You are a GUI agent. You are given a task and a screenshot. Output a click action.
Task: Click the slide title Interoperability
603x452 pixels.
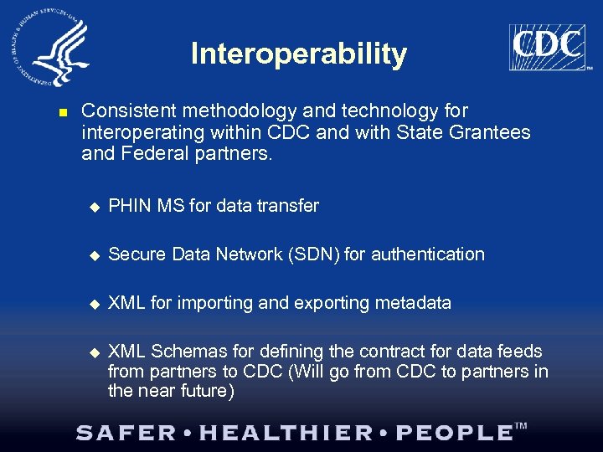[299, 54]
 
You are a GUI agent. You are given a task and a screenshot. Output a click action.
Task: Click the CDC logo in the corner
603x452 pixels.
[547, 47]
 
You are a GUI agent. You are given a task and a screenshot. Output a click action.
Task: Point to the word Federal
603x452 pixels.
[144, 154]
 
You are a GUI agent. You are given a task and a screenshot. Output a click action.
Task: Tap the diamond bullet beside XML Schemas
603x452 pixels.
[94, 352]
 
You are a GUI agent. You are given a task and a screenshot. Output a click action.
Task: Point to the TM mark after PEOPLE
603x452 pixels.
[520, 427]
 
